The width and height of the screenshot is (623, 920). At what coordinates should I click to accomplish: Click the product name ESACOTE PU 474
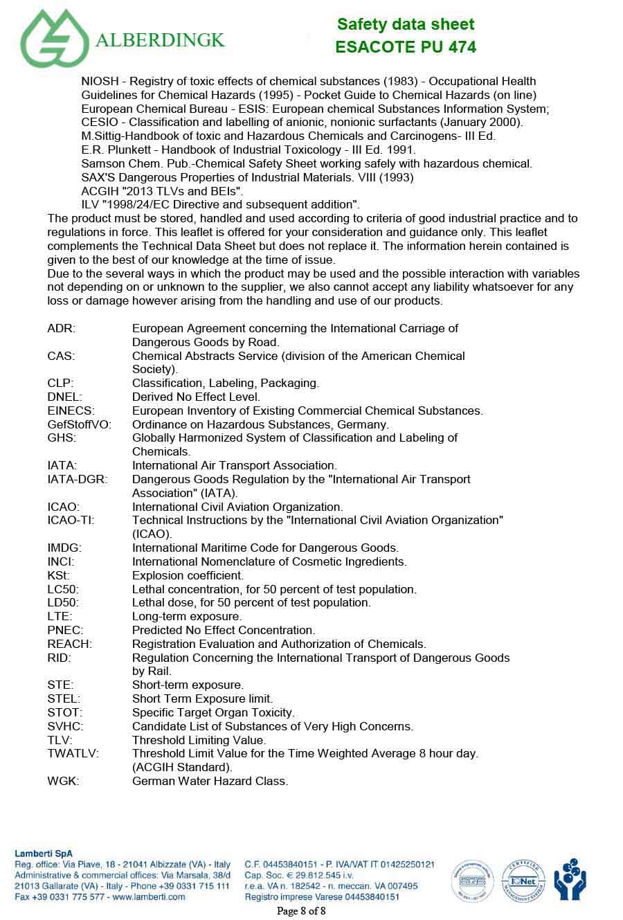click(406, 47)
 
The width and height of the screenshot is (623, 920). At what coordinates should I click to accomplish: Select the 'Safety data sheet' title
click(406, 24)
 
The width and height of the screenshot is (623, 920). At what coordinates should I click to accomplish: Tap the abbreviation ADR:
click(62, 328)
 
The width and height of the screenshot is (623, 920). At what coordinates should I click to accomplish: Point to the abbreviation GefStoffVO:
click(79, 424)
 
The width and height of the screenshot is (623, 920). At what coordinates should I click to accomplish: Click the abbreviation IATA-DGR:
click(78, 479)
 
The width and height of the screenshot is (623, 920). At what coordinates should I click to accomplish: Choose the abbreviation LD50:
click(63, 602)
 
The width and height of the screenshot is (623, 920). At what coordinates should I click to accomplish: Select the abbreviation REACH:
click(69, 644)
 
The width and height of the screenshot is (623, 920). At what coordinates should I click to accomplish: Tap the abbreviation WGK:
click(63, 781)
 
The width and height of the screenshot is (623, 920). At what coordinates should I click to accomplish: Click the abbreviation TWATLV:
click(73, 753)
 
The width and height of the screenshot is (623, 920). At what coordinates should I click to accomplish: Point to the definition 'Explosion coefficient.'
click(188, 575)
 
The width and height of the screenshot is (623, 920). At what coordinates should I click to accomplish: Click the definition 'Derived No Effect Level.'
click(196, 397)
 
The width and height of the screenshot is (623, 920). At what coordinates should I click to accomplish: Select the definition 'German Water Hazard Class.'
click(210, 781)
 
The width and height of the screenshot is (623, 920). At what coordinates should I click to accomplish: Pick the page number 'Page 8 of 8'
click(301, 910)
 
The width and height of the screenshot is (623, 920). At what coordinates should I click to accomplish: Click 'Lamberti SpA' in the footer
click(44, 854)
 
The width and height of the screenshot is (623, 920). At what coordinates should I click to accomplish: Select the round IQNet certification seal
click(523, 880)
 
